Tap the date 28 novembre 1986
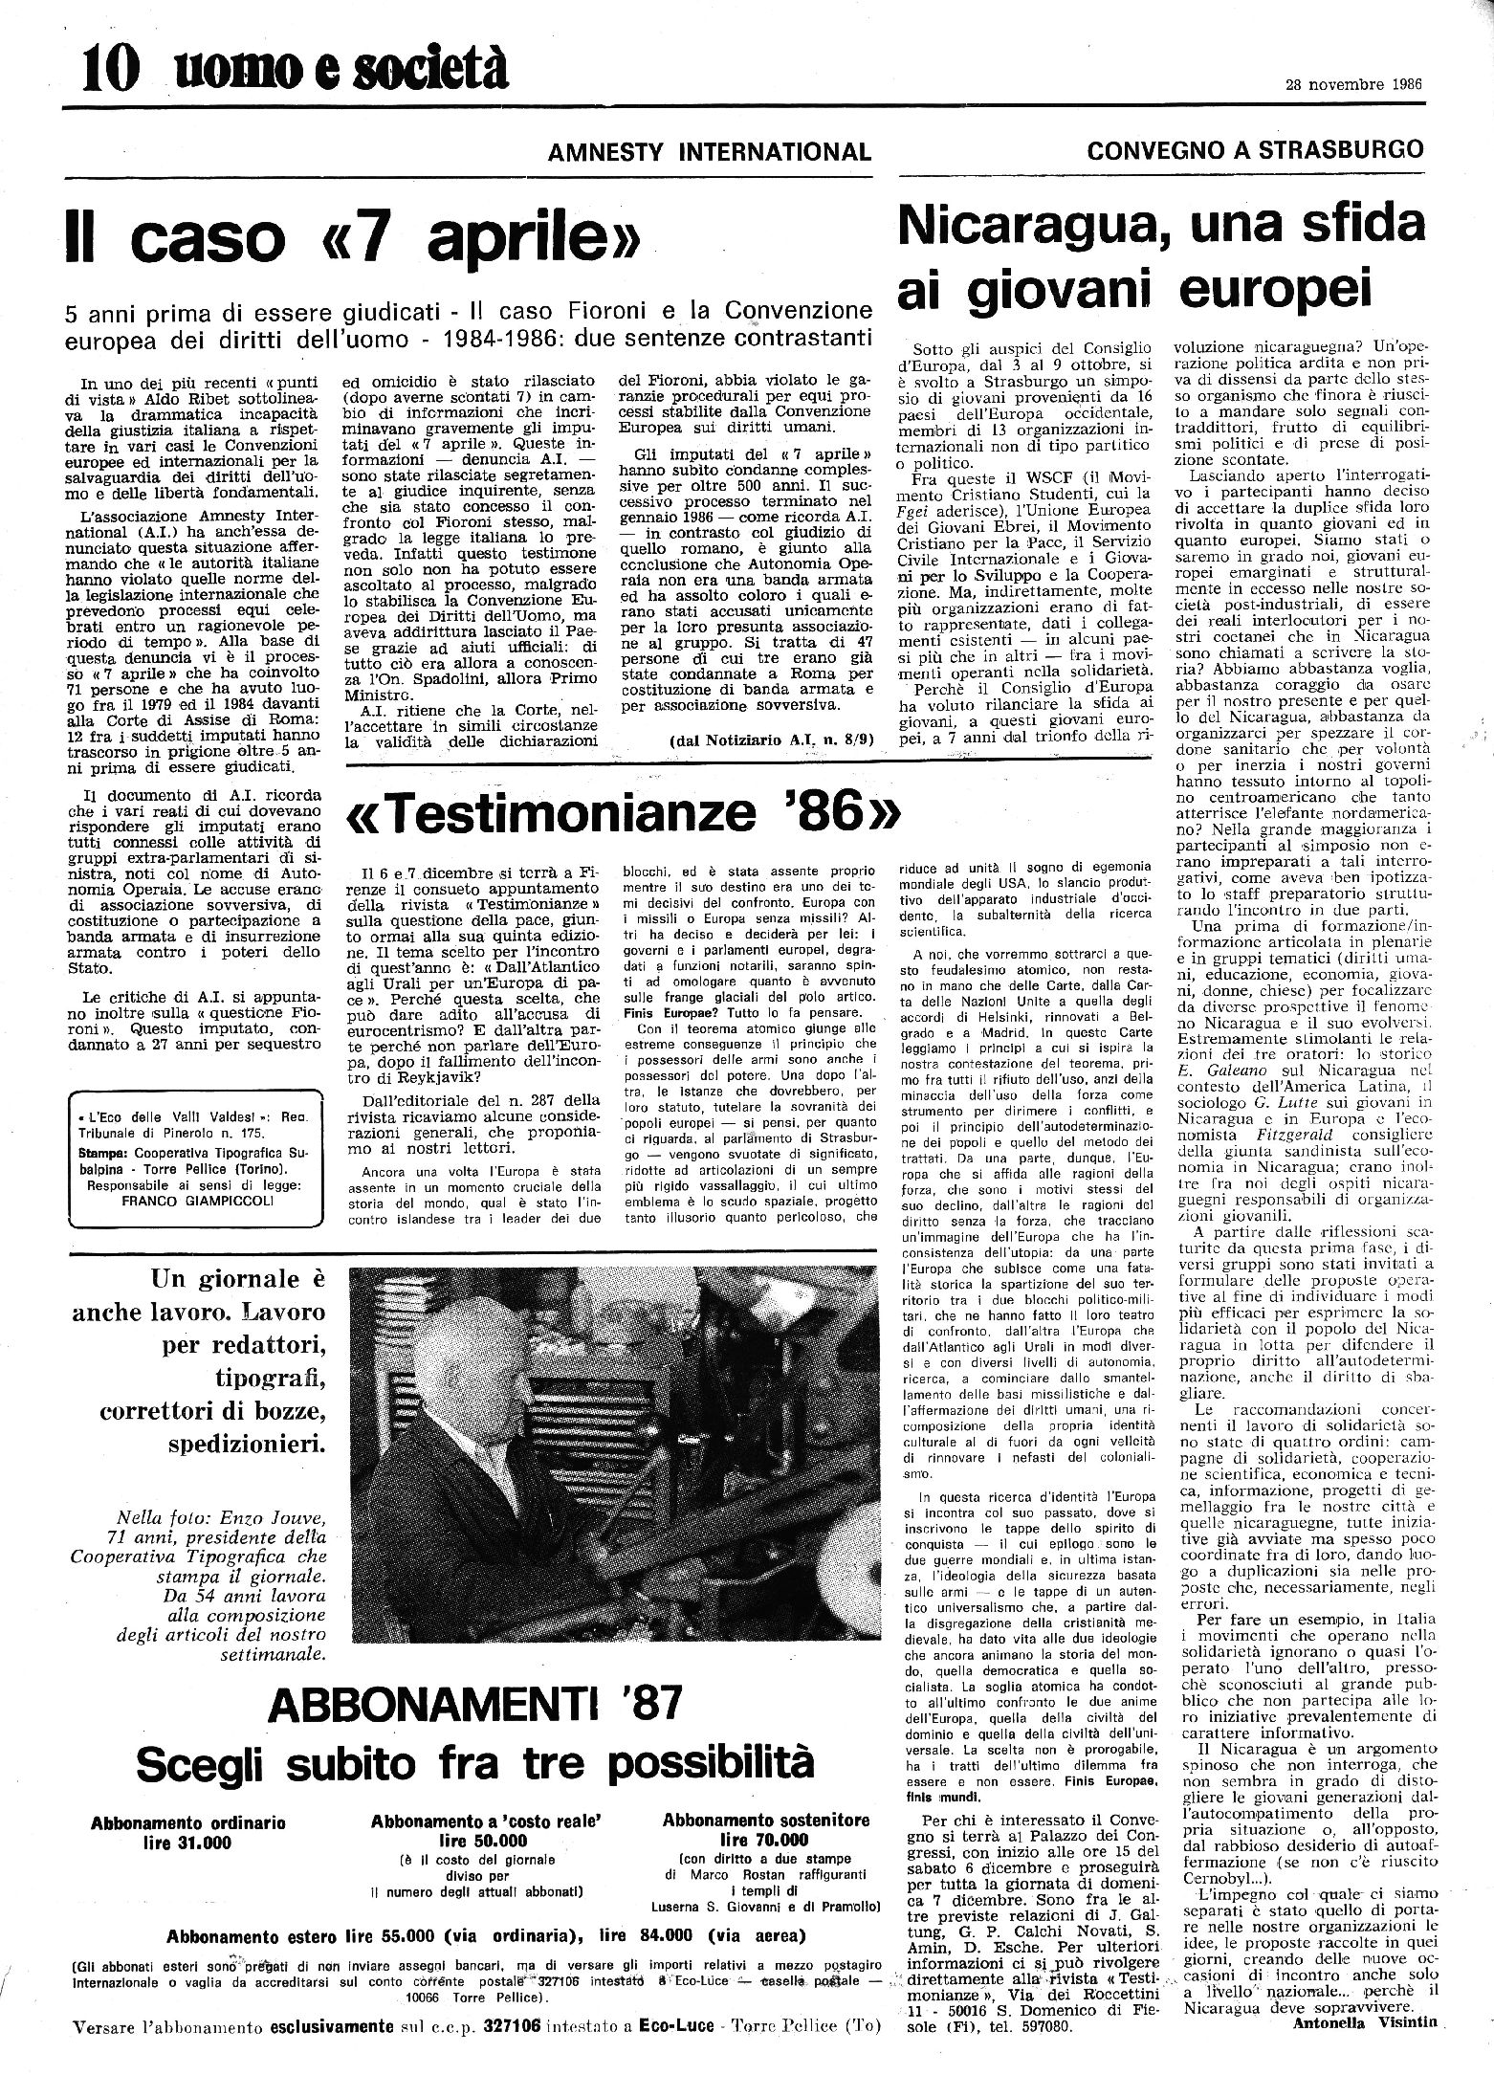coord(1352,82)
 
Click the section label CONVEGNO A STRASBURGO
coord(1255,149)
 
